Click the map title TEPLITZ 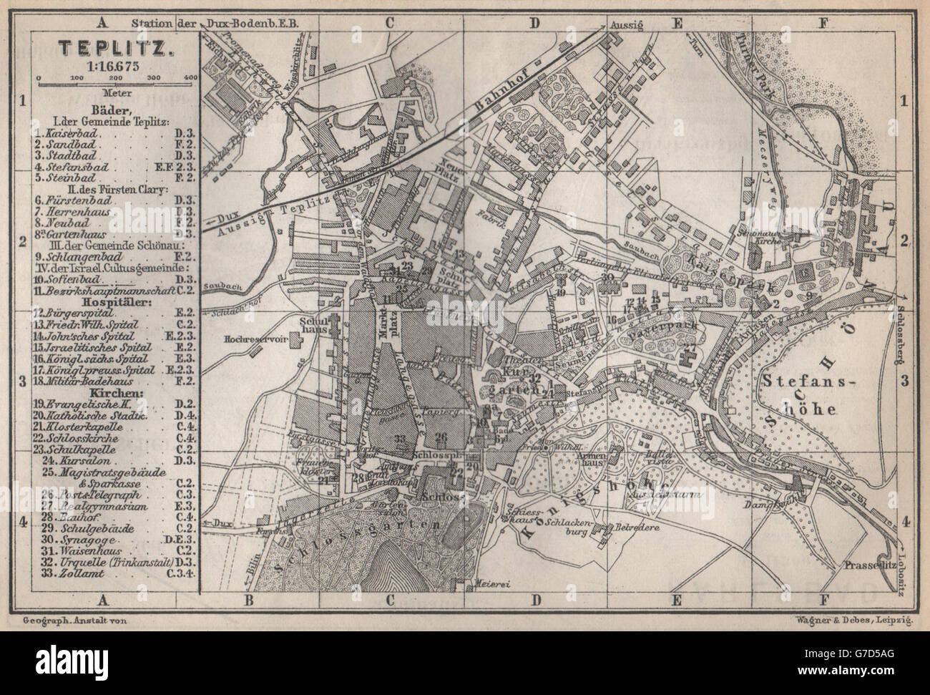point(114,49)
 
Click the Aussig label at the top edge point(629,24)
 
